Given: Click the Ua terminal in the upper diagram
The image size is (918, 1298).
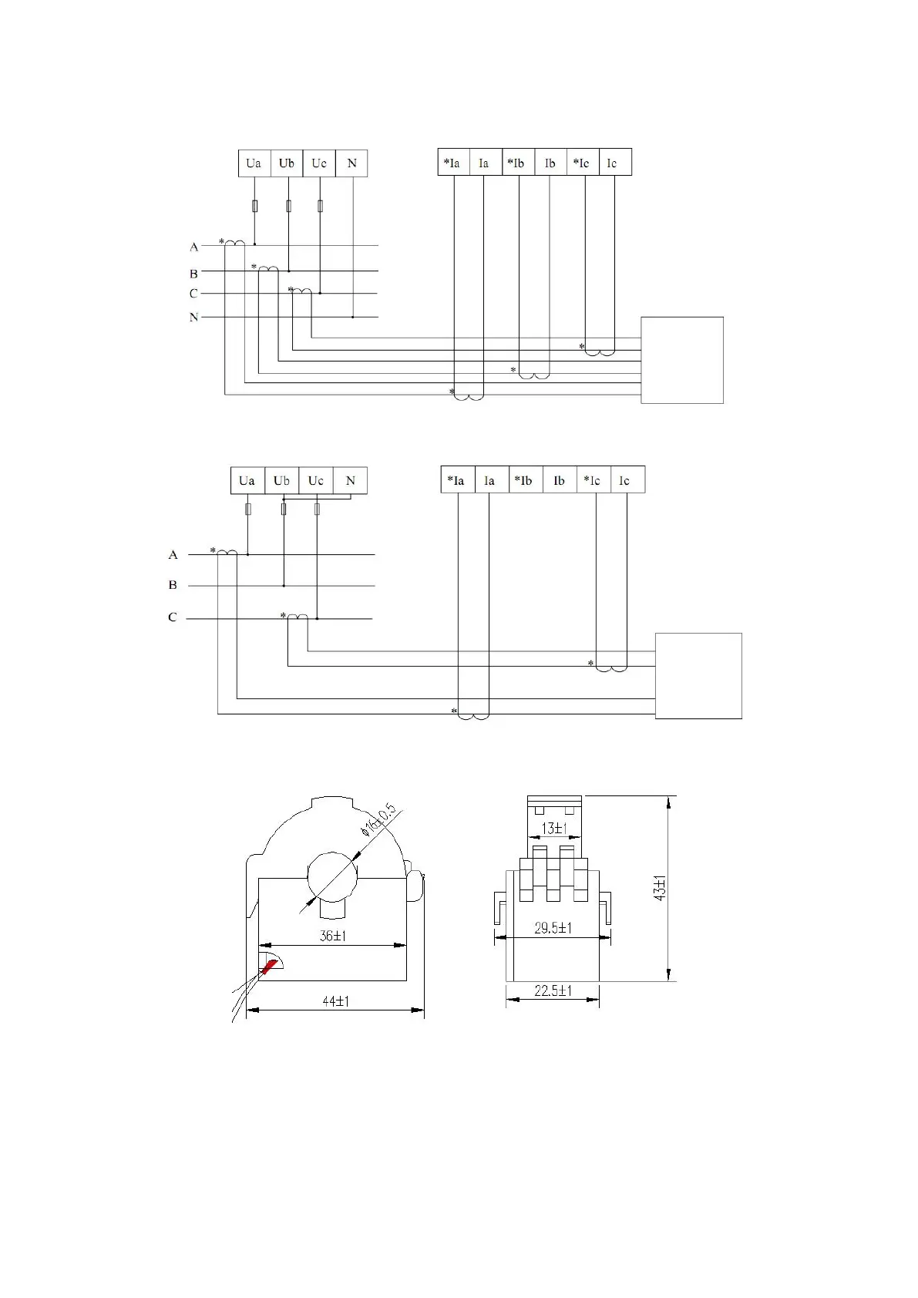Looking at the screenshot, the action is (254, 163).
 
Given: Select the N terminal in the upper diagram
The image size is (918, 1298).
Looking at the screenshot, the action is (351, 163).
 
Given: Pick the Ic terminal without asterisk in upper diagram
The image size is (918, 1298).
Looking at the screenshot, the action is (614, 163).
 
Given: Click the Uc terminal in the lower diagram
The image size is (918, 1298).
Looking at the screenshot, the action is (316, 480).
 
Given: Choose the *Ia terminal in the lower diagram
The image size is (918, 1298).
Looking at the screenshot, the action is (457, 480).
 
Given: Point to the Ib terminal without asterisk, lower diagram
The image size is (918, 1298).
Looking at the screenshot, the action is (560, 480).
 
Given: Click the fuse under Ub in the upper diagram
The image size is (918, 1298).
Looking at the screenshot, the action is (288, 206).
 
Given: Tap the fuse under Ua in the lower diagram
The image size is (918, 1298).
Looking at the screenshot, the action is (247, 509).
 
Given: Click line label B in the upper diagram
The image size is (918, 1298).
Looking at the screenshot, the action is (193, 274).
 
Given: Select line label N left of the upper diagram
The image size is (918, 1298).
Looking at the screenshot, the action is (193, 317).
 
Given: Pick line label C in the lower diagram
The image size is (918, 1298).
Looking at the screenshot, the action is (173, 617).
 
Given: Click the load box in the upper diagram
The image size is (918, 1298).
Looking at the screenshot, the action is (682, 360).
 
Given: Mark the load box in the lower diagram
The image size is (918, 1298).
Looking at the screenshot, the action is (698, 676).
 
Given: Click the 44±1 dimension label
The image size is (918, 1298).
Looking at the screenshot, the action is (335, 1001).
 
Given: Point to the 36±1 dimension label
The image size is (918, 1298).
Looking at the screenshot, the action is (333, 936).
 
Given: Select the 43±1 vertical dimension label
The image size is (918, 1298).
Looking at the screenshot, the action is (659, 888).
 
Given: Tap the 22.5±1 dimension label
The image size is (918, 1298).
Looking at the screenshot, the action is (553, 990).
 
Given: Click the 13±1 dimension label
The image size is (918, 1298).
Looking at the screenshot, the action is (553, 829).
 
